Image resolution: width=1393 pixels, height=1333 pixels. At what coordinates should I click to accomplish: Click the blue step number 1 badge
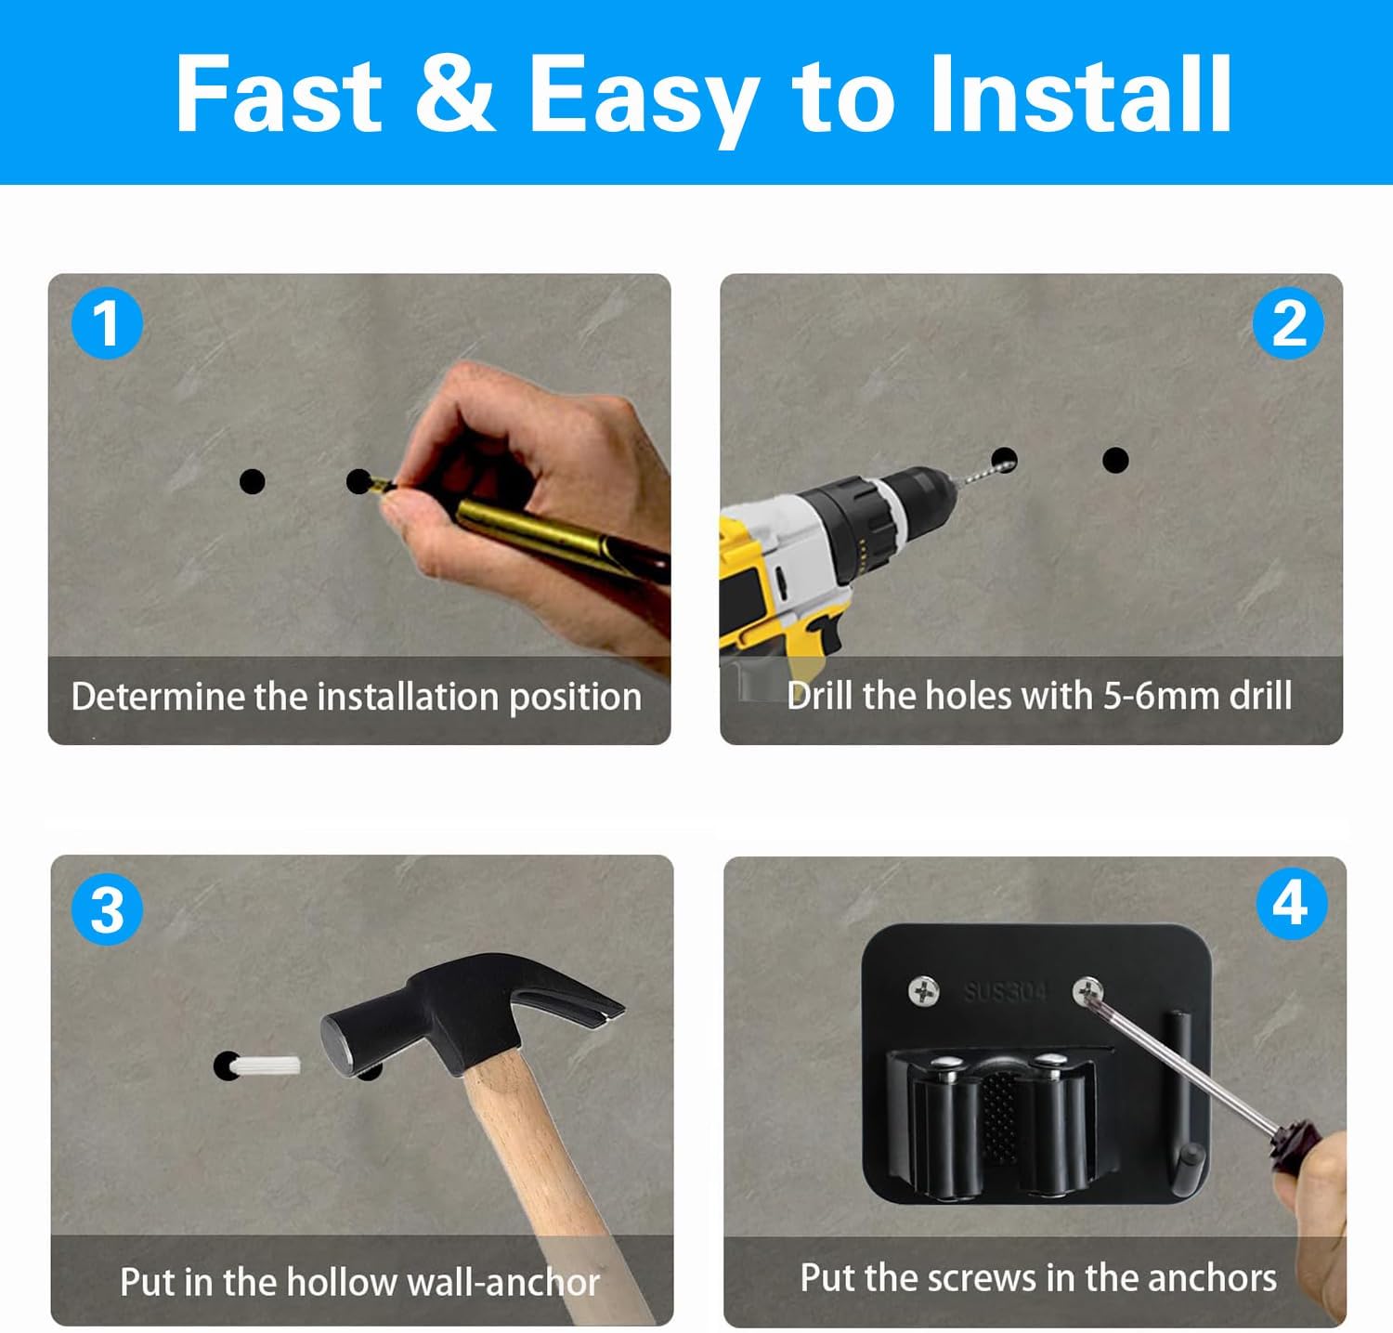pos(107,323)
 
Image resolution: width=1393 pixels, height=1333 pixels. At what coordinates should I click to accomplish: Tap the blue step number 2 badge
pos(1287,323)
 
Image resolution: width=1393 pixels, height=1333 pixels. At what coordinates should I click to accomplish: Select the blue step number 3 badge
pos(107,909)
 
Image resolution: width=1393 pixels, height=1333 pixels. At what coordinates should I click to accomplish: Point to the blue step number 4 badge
pos(1291,903)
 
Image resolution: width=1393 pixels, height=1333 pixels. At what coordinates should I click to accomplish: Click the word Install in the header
pos(1080,94)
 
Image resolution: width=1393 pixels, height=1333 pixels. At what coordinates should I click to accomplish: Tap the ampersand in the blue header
pos(454,93)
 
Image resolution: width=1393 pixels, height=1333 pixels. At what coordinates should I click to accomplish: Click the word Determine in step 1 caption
pos(157,696)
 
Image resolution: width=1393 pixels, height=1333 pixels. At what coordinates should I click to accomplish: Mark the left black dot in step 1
pos(252,481)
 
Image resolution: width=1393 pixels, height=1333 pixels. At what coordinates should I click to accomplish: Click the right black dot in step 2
pos(1115,460)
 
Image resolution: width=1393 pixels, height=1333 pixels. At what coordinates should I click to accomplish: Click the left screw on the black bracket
pos(923,992)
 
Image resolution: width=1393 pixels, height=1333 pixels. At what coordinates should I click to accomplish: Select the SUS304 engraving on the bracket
pos(1005,992)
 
